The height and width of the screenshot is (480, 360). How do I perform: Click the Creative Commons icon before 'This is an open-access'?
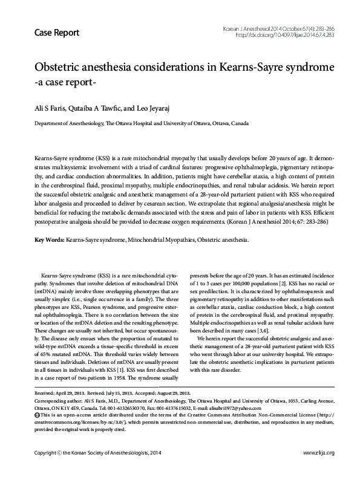pos(38,415)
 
